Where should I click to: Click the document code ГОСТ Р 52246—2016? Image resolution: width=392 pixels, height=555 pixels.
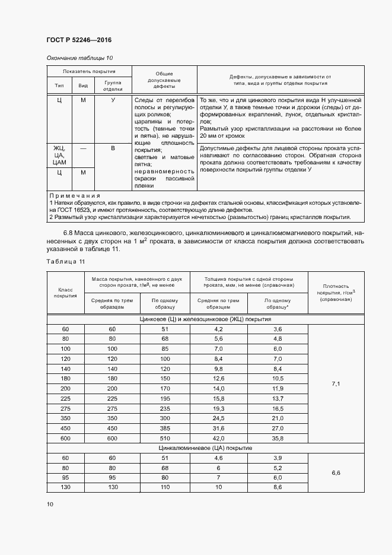tap(79, 40)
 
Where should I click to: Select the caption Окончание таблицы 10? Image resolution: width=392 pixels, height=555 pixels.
tap(79, 58)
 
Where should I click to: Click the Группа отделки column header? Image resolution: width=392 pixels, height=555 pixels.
tap(113, 85)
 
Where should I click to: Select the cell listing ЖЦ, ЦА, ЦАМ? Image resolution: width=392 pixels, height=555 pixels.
tap(59, 154)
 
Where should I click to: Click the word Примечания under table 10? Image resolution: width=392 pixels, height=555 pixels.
tap(75, 195)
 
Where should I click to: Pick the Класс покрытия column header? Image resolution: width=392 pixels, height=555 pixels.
tap(65, 292)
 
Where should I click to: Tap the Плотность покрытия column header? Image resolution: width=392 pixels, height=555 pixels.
tap(335, 293)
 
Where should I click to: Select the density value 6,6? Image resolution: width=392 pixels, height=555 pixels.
tap(335, 472)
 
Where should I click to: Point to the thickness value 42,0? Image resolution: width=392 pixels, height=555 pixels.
tap(218, 439)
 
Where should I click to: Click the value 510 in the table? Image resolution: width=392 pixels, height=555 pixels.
tap(165, 439)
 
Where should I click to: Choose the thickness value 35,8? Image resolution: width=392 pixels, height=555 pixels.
tap(278, 439)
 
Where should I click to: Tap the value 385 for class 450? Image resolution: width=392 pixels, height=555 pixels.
tap(165, 429)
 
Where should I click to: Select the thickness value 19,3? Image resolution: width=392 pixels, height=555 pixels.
tap(218, 409)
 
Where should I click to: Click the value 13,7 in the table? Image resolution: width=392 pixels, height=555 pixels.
tap(278, 399)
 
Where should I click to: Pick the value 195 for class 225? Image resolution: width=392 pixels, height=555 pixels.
tap(165, 399)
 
